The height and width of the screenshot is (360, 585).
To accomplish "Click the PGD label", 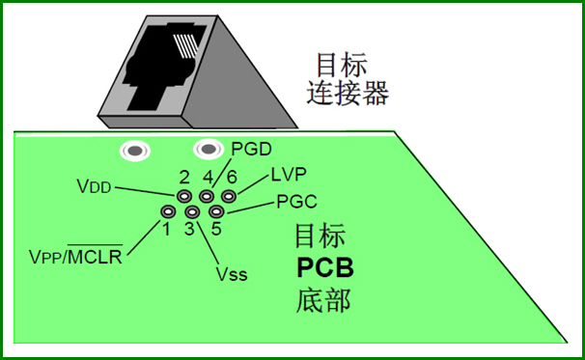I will (x=252, y=149).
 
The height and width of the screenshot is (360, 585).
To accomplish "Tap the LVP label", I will (x=289, y=175).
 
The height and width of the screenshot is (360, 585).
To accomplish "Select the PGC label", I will (x=296, y=203).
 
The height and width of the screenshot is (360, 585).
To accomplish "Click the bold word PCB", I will (x=323, y=267).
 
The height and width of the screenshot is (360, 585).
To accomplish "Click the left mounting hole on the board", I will (x=132, y=151).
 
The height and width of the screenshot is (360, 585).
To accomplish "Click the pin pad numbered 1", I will (x=168, y=211).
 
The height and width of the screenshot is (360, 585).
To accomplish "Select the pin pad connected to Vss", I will (x=192, y=211).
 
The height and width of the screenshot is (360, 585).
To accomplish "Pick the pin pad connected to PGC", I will (x=216, y=210).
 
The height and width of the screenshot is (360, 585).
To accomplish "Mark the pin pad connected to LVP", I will (x=229, y=196).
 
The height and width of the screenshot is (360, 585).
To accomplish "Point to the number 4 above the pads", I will (x=207, y=176).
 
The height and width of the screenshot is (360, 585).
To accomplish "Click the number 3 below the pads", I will (x=190, y=230).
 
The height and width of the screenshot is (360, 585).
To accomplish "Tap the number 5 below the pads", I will (x=215, y=230).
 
